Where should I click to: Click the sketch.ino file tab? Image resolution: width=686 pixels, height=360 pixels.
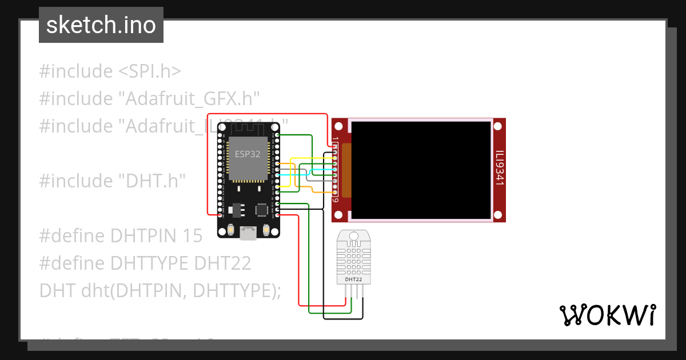(101, 25)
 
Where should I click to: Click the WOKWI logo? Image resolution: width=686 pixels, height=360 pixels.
(607, 315)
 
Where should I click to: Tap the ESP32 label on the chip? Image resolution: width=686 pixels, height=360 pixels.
(247, 154)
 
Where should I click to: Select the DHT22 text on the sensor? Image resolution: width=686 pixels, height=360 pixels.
(353, 279)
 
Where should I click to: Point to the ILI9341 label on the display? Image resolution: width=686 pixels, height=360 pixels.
(499, 169)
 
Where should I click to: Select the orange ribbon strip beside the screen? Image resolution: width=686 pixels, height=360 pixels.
(346, 170)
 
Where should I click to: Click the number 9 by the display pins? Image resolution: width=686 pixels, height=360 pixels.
(336, 200)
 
